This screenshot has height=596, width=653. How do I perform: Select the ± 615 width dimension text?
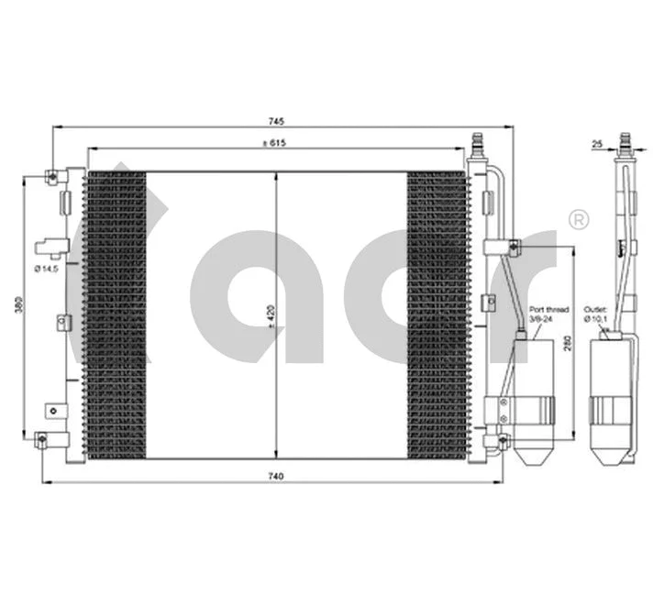click(275, 142)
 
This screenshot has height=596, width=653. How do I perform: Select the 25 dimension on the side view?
click(597, 145)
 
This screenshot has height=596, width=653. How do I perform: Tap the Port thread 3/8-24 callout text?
click(543, 315)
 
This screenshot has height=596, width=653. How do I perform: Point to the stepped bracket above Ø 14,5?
click(50, 246)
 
